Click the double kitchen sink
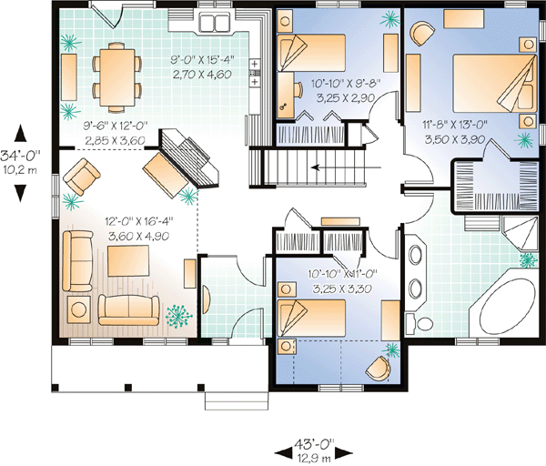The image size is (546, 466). point(214,24)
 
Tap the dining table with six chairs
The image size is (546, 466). point(117,77)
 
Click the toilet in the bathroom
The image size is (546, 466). point(421,322)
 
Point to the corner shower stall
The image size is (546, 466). point(521,233)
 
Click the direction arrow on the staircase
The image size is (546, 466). point(347,167)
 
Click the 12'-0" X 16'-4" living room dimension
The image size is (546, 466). point(139,221)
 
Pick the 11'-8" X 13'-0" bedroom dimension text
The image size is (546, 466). point(455,125)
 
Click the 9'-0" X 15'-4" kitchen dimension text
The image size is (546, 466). point(202,60)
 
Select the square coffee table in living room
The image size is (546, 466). point(128,261)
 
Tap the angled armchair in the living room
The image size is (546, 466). point(82,177)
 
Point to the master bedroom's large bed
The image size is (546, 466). point(494,84)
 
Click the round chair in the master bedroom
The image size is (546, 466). point(421,33)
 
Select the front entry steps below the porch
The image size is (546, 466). point(237,400)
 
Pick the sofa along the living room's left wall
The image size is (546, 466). point(77,260)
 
